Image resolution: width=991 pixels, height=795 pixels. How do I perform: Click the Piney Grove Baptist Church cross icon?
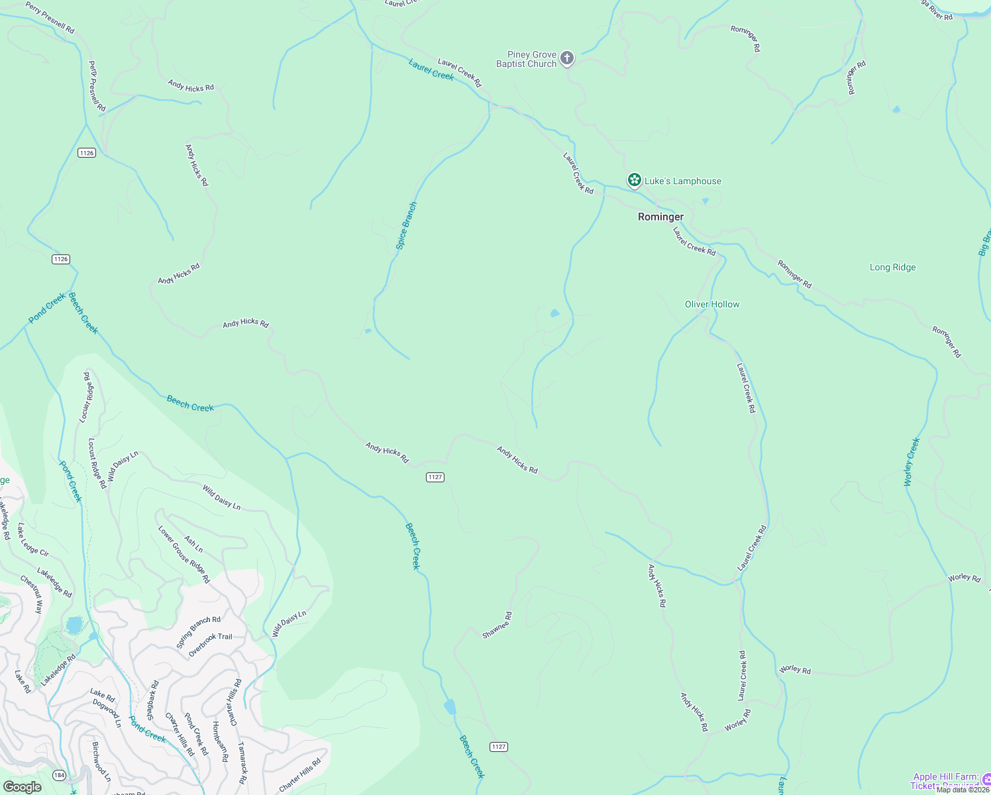pos(567,58)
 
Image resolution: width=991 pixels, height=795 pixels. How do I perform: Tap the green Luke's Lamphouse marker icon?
pos(634,180)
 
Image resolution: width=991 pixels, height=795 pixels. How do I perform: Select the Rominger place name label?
pos(660,217)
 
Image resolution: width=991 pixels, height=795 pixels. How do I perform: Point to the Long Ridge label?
pos(892,268)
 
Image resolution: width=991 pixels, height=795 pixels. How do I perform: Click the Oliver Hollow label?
pos(712,304)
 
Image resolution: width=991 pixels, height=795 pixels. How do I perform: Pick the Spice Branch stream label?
pos(406,226)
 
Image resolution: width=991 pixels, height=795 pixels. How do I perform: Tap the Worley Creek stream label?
pos(912,462)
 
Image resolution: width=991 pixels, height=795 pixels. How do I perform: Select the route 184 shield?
pos(60,775)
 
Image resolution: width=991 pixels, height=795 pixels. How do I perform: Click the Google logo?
pos(23,787)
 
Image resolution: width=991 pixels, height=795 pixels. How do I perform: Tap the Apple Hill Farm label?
pos(945,777)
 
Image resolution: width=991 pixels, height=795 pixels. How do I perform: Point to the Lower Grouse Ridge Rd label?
pos(183,555)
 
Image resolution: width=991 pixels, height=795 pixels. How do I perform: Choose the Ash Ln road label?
pos(193,545)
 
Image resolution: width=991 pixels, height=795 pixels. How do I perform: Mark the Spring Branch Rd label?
pos(198,632)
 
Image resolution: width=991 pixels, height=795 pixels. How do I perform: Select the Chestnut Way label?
pos(31,594)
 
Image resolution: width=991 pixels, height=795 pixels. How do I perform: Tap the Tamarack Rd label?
pos(243,762)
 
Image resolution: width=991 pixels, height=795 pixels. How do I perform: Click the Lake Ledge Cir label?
pos(33,539)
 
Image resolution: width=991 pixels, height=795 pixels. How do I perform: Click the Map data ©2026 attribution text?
pos(963,790)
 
